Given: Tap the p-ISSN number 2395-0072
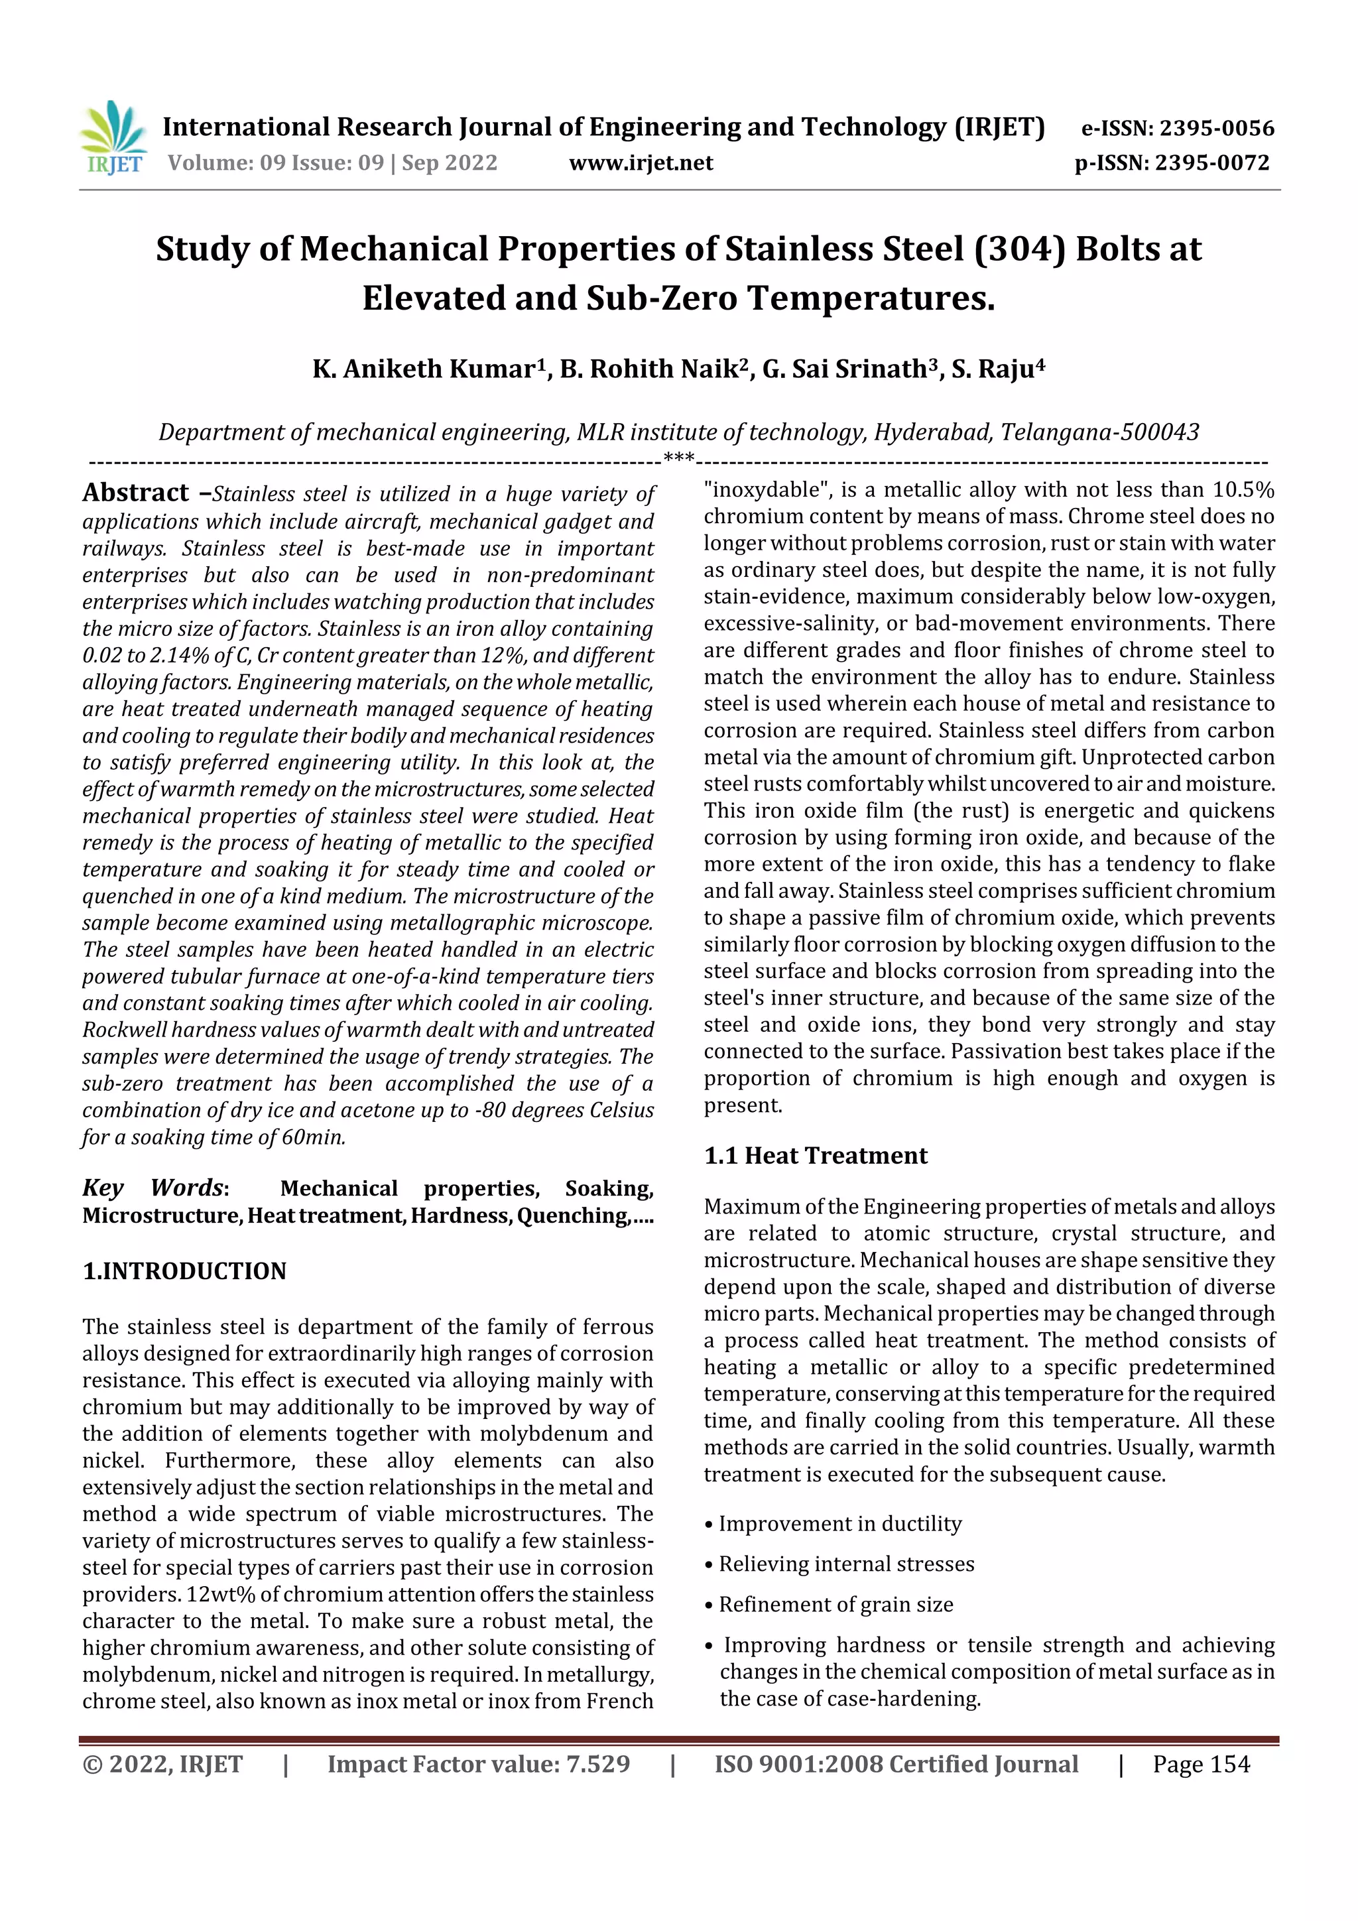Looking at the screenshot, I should [1211, 162].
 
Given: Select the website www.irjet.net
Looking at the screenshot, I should [641, 162].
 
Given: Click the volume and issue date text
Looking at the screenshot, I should [332, 162].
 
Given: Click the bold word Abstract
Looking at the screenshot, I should [135, 492].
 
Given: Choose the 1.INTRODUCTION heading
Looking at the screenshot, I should [184, 1271].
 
